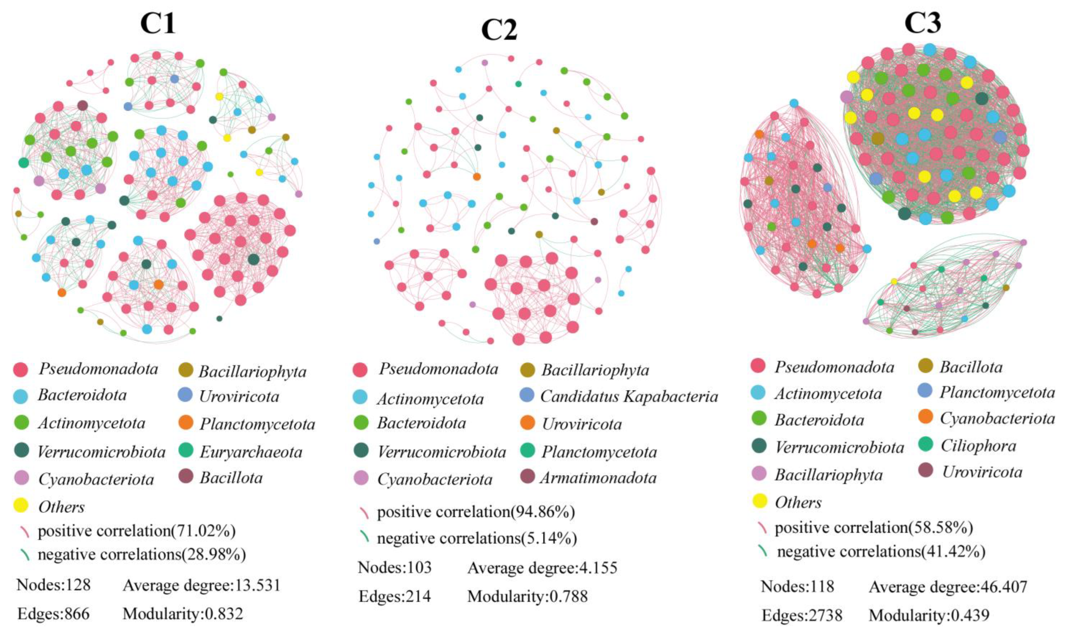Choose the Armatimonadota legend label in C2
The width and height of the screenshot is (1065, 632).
(x=598, y=478)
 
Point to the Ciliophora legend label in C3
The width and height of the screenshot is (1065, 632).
(x=978, y=446)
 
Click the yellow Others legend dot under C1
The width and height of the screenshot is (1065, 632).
(x=21, y=505)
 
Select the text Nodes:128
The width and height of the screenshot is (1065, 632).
(x=54, y=585)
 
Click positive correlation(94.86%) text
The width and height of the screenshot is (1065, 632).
(x=476, y=512)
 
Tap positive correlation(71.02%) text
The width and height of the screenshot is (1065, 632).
(x=136, y=531)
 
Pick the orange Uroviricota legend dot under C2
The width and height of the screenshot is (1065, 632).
(x=527, y=422)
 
